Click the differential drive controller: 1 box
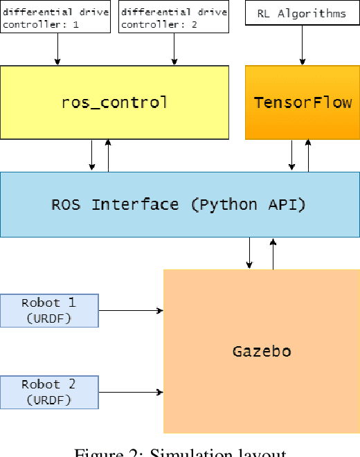coord(56,17)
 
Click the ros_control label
coord(114,103)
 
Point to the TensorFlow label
coord(303,103)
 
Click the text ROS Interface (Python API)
coord(179,204)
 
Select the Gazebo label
coord(261,351)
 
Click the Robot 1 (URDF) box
coord(49,310)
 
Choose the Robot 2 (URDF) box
coord(49,392)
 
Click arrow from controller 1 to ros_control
coord(57,49)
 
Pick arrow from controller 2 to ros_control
coord(174,49)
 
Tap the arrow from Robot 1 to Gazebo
coord(131,311)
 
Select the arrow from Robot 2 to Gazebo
coord(131,393)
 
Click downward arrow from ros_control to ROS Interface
coord(92,155)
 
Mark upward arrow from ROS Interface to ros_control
coord(107,155)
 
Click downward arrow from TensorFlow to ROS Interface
coord(292,155)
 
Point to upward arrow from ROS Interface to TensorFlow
coord(308,155)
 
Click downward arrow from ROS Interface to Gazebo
coord(249,253)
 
